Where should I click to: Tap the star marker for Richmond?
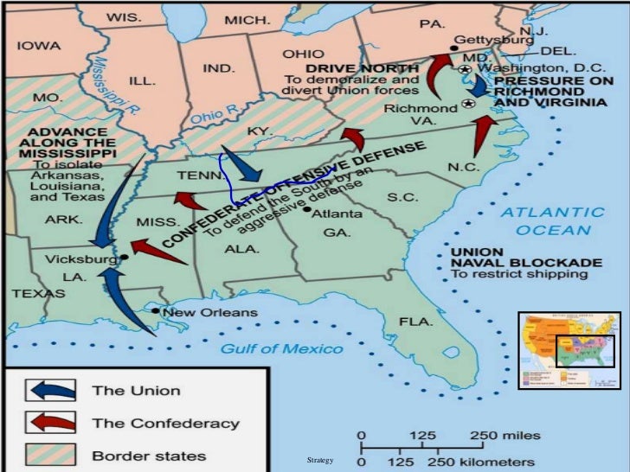pyautogui.click(x=468, y=104)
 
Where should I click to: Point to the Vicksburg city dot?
pyautogui.click(x=125, y=258)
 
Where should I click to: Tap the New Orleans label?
pyautogui.click(x=209, y=312)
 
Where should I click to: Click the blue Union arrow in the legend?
pyautogui.click(x=52, y=390)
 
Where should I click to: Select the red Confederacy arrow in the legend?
pyautogui.click(x=52, y=424)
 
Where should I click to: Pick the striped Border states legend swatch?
pyautogui.click(x=52, y=455)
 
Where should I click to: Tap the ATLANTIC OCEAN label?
pyautogui.click(x=554, y=220)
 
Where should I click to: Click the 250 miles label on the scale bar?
pyautogui.click(x=506, y=434)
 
